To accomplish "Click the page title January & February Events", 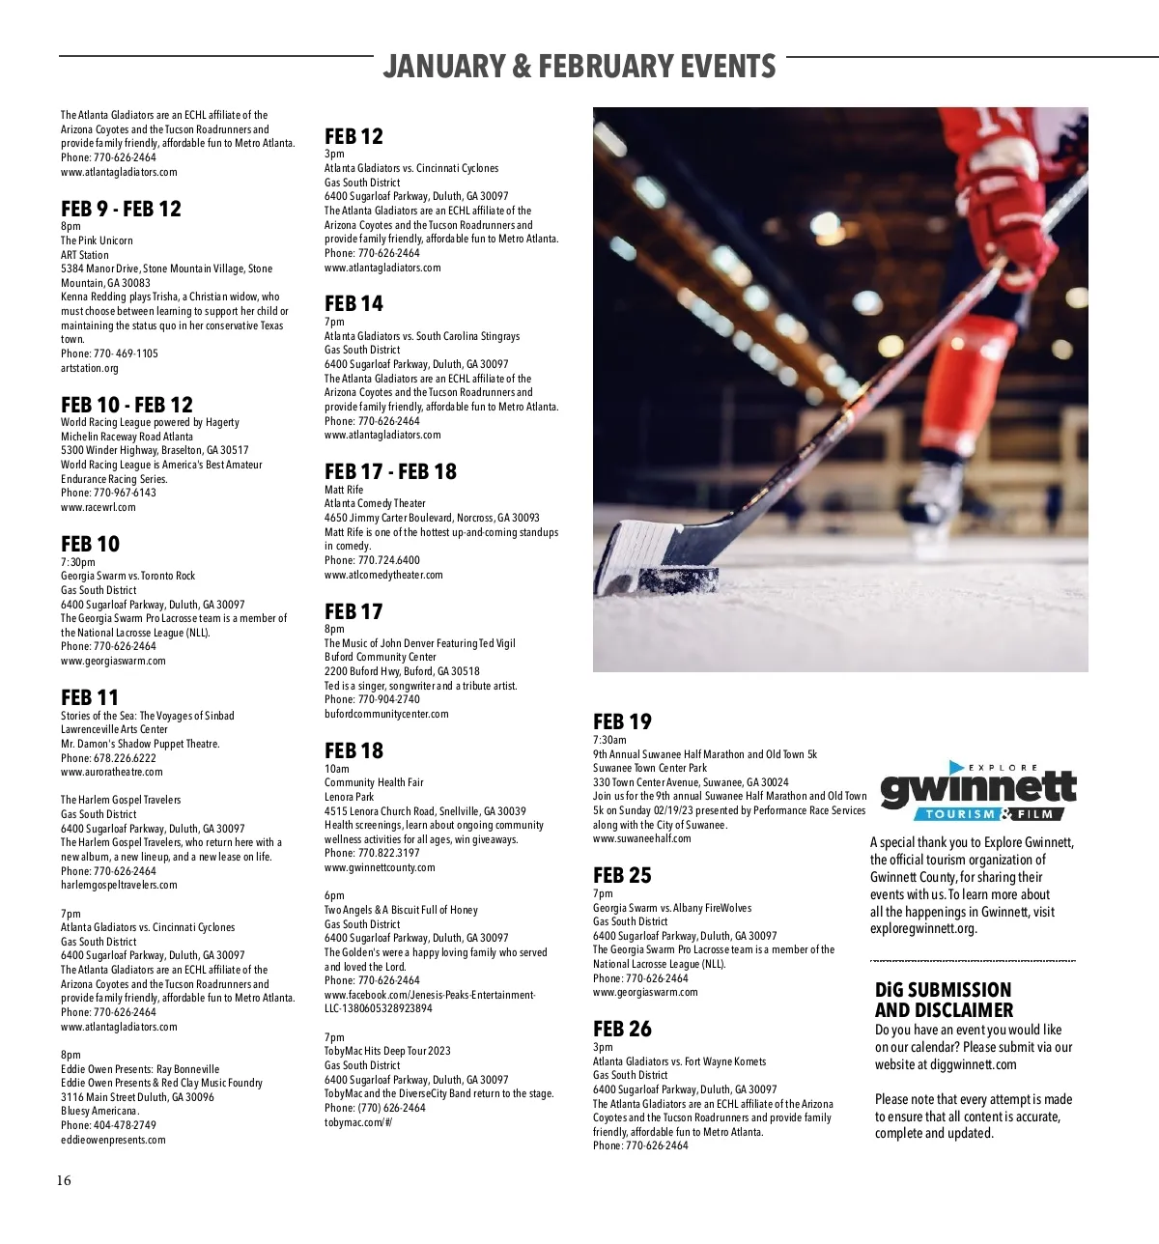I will click(x=579, y=66).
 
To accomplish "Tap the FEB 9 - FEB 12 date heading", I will click(x=121, y=210).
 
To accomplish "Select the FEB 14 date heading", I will click(x=353, y=304).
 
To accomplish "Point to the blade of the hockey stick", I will click(x=633, y=556).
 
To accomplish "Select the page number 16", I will click(x=64, y=1180).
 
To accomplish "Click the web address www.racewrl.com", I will click(x=99, y=507).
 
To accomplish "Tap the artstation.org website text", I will click(x=90, y=368).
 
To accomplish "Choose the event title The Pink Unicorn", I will click(x=97, y=240).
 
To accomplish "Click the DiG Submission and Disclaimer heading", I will click(x=944, y=1000).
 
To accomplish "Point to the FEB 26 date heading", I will click(x=622, y=1030).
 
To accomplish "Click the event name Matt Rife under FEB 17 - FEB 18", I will click(x=344, y=490).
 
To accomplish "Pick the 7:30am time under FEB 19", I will click(x=609, y=740).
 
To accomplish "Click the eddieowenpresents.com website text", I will click(x=113, y=1140).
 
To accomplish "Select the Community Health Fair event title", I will click(x=374, y=782).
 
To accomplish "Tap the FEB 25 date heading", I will click(x=622, y=876).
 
